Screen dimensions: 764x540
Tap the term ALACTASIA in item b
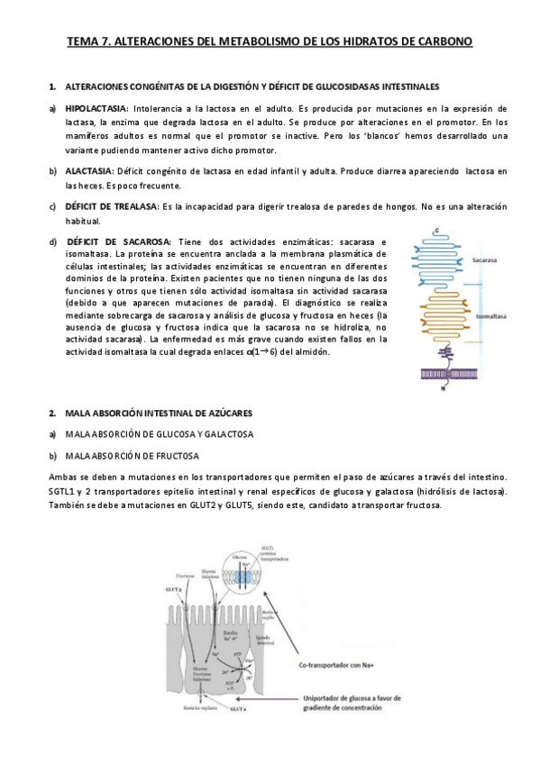tap(88, 170)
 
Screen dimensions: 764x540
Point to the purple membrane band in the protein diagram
tap(445, 365)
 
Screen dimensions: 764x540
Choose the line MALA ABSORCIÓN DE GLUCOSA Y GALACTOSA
tap(160, 433)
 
